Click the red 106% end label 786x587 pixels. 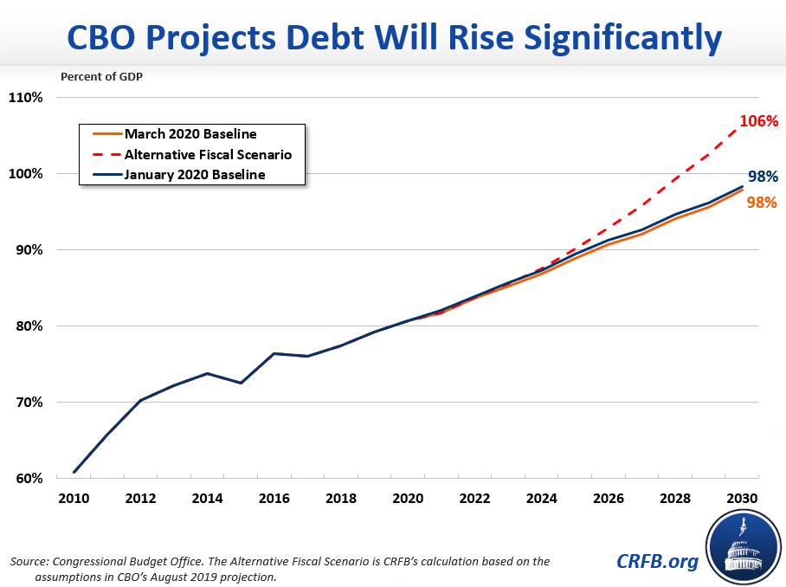[x=758, y=121]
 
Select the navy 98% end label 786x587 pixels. [x=762, y=177]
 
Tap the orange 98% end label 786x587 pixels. [x=762, y=203]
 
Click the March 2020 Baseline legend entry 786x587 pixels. [x=190, y=134]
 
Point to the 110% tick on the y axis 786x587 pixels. [x=26, y=97]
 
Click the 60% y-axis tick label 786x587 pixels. [x=26, y=479]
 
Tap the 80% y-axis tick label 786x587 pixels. [x=26, y=326]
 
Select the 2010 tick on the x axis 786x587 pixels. [x=74, y=499]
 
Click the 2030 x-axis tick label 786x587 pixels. [x=742, y=499]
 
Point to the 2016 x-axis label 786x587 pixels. [x=274, y=499]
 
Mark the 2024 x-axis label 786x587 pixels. [x=541, y=499]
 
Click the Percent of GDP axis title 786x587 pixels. [x=101, y=75]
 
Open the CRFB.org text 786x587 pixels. [x=657, y=562]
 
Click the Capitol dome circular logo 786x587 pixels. [x=743, y=547]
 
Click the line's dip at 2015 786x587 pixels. [x=241, y=383]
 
